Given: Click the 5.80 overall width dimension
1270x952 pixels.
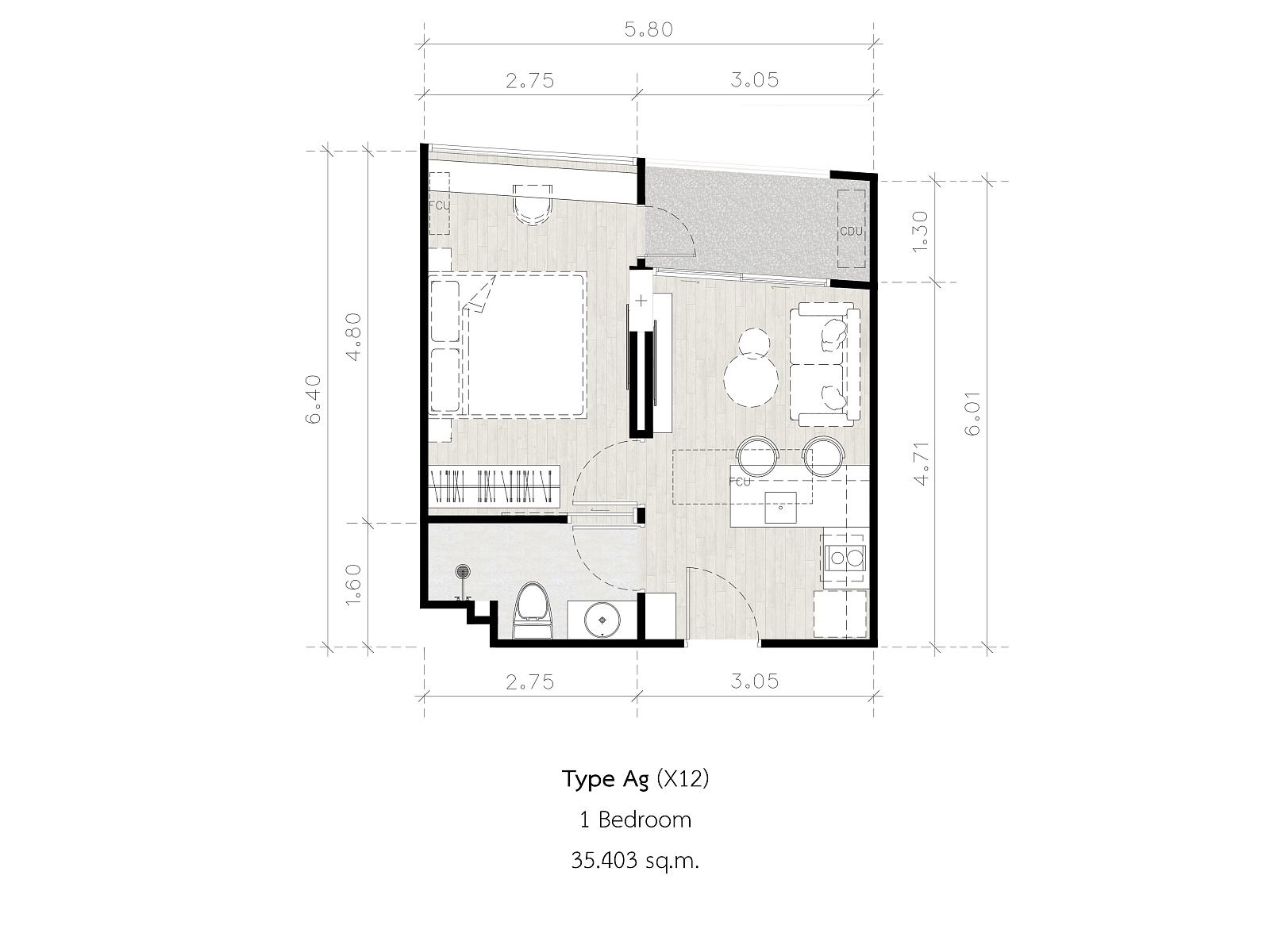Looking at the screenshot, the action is [x=648, y=30].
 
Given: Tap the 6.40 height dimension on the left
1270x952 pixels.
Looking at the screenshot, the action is [x=313, y=399].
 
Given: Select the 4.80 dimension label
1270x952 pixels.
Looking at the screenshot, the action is [x=353, y=336].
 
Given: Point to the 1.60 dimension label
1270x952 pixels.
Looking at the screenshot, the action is [x=353, y=585].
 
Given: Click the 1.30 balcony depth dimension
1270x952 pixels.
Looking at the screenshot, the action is [x=920, y=231].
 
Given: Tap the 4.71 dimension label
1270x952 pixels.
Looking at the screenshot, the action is [x=921, y=463].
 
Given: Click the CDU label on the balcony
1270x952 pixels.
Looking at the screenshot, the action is [x=851, y=231].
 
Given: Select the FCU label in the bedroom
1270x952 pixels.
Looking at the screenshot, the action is [x=439, y=205].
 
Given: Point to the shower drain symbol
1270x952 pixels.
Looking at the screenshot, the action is [x=462, y=572].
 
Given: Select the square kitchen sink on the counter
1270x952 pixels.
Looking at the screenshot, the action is [x=780, y=508].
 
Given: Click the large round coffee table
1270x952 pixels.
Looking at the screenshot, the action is [x=751, y=380].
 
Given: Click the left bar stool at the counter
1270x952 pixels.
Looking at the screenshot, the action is [x=758, y=457].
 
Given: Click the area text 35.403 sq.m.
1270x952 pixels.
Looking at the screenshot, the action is [x=635, y=861].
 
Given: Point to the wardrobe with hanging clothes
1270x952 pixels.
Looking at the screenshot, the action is [x=495, y=486].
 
